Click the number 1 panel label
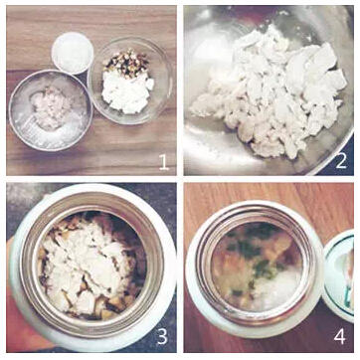point(164,162)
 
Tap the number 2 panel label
point(341,161)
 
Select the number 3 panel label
point(162,336)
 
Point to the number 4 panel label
point(340,336)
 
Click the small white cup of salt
point(73,53)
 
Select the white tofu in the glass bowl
point(127,90)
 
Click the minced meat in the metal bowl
point(51,106)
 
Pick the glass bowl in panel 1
point(130,81)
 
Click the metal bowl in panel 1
point(51,110)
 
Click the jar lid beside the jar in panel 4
point(340,275)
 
